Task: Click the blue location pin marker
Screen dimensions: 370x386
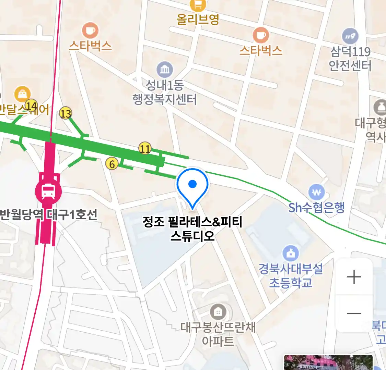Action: click(x=192, y=185)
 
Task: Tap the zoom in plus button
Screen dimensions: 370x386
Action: click(x=354, y=277)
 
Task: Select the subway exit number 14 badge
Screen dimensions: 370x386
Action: click(x=31, y=105)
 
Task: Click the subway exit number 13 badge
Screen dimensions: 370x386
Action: click(x=66, y=113)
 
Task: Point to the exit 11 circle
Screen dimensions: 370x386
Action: click(x=145, y=149)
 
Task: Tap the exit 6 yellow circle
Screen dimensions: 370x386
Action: click(x=112, y=164)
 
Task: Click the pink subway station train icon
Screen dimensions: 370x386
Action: click(x=48, y=191)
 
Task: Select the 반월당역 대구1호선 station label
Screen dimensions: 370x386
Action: click(x=48, y=215)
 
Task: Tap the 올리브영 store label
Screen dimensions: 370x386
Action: click(x=198, y=19)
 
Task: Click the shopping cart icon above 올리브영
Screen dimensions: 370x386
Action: click(x=198, y=4)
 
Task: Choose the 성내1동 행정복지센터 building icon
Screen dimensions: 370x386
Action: click(x=165, y=70)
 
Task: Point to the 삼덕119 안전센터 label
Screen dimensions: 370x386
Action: click(x=350, y=59)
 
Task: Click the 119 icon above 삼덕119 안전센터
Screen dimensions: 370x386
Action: click(x=350, y=36)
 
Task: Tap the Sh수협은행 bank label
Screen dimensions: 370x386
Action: click(x=316, y=208)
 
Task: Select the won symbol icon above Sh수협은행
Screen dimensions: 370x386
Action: click(x=316, y=192)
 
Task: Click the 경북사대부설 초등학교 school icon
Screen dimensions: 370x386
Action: click(x=291, y=254)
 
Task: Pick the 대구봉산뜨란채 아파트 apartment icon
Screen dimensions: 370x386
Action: click(x=218, y=312)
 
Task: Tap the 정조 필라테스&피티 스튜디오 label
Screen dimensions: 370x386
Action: click(x=192, y=229)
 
